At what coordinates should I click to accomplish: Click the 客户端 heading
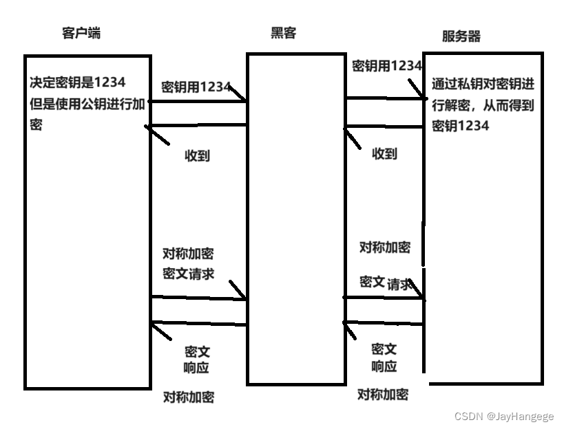click(81, 32)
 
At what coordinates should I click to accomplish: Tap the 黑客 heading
click(283, 32)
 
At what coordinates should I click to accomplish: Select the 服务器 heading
click(461, 36)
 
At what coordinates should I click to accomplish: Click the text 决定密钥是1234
click(77, 82)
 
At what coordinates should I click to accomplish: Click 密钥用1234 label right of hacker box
click(386, 66)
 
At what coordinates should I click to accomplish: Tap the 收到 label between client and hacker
click(197, 155)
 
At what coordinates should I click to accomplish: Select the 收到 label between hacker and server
click(384, 153)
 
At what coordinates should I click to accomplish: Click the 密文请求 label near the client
click(188, 273)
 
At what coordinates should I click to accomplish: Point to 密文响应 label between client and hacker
click(197, 359)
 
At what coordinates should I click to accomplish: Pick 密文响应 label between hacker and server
click(384, 357)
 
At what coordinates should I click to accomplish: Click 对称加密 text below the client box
click(188, 397)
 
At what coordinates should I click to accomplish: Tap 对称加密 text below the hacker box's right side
click(382, 394)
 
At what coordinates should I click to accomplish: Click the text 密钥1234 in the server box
click(460, 126)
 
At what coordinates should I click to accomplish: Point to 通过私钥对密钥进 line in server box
click(483, 85)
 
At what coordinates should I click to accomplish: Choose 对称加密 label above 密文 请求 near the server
click(384, 247)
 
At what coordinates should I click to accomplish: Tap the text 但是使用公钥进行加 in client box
click(87, 104)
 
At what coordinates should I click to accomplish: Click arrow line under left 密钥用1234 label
click(198, 102)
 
